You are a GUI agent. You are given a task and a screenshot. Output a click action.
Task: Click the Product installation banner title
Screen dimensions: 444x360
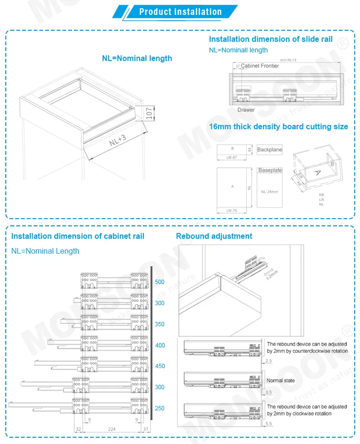click(x=180, y=12)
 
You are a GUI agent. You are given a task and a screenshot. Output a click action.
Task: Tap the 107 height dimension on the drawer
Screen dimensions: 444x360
click(x=149, y=112)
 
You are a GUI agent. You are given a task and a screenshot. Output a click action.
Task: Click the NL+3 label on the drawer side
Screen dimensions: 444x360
click(x=117, y=140)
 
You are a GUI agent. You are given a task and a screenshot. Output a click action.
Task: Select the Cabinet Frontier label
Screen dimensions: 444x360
click(x=260, y=66)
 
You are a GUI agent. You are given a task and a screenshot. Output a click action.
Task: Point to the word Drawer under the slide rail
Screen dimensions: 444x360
click(x=246, y=110)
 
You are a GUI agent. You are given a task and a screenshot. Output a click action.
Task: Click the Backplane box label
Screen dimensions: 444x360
click(x=269, y=150)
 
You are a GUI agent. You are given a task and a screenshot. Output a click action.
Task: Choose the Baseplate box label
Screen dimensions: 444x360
click(x=270, y=171)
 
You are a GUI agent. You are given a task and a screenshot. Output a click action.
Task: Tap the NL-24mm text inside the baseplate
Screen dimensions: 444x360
click(x=269, y=192)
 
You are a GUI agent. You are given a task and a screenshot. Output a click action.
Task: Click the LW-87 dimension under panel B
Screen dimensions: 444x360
click(x=232, y=158)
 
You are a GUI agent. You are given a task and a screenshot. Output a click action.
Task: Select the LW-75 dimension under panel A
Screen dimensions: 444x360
click(x=232, y=210)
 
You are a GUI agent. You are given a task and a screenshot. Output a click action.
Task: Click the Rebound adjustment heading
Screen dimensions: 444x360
click(x=214, y=236)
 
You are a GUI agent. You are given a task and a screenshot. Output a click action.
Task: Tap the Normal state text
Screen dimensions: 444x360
click(x=281, y=381)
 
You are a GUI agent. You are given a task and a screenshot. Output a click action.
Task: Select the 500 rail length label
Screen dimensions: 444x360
click(x=160, y=282)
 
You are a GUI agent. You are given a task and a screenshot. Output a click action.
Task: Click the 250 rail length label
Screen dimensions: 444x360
click(x=160, y=408)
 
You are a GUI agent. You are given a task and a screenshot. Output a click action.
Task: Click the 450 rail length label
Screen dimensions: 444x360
click(x=160, y=366)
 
